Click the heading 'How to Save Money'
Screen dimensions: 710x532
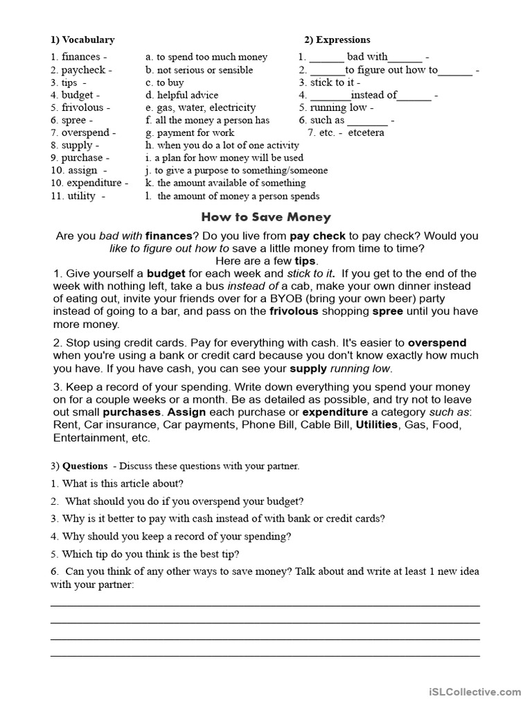point(266,217)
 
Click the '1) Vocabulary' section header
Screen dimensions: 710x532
point(82,40)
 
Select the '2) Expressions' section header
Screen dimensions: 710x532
point(337,40)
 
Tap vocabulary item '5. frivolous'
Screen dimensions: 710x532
point(79,107)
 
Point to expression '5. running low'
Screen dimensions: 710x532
point(336,107)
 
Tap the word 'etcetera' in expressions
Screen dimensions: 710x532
point(366,132)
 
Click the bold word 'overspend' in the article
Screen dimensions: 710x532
point(437,343)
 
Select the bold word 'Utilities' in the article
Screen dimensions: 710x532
point(377,424)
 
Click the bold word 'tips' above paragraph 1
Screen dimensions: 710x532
point(305,261)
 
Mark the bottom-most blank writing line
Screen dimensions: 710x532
point(265,655)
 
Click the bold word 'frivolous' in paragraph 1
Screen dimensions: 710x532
point(294,311)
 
